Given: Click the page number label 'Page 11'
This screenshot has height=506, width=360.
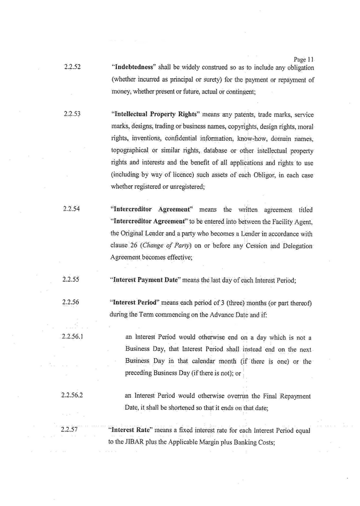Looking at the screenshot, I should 304,60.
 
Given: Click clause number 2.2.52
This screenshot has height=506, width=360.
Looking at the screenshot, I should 71,67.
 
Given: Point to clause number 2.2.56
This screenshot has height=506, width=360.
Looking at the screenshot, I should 71,302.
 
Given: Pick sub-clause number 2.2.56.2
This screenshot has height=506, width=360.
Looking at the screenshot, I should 74,395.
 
